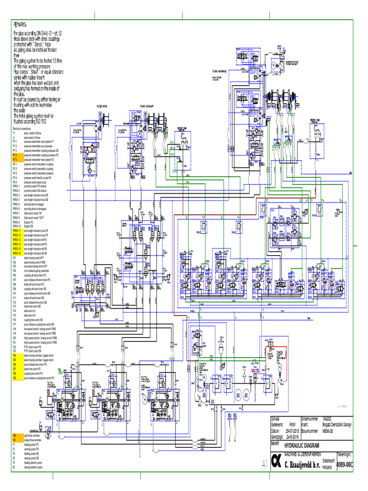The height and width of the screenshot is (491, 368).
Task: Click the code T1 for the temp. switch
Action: click(x=14, y=133)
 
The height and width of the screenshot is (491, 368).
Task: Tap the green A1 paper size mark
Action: click(x=264, y=463)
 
